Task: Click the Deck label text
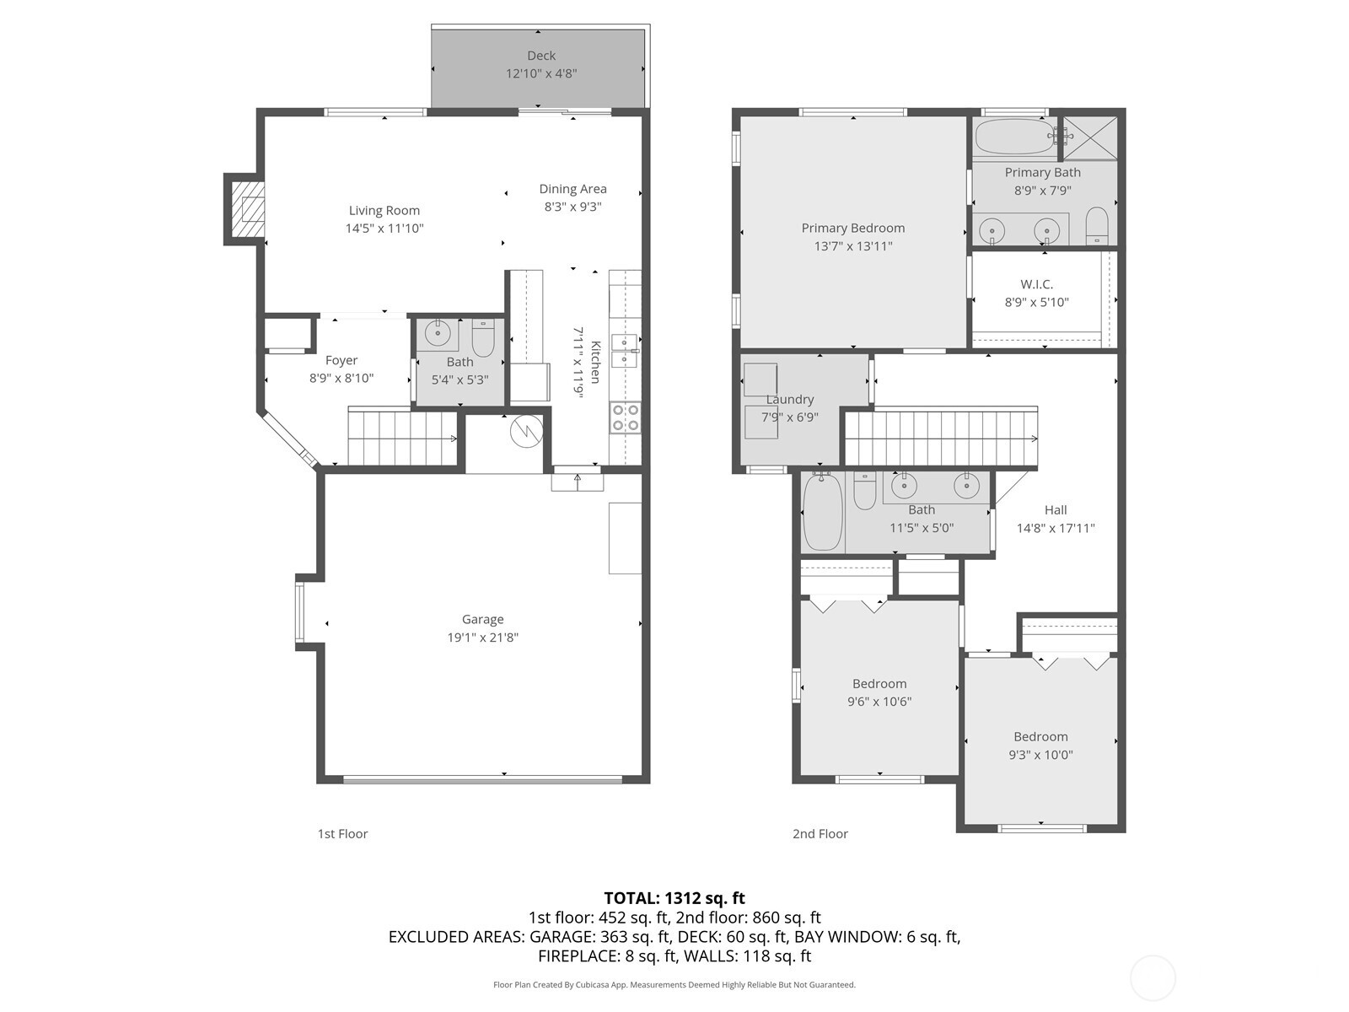tap(541, 56)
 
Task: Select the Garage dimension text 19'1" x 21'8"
tap(482, 638)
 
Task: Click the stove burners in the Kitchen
tap(626, 417)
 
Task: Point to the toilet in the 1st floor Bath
tap(482, 338)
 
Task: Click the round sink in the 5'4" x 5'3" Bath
tap(438, 333)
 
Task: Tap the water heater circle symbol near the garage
tap(524, 432)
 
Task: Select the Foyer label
tap(341, 360)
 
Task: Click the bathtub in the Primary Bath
tap(1013, 137)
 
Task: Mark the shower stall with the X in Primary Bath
tap(1090, 137)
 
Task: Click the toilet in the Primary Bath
tap(1096, 226)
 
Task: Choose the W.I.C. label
tap(1036, 284)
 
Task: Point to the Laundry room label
tap(790, 399)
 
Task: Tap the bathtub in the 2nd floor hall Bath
tap(823, 512)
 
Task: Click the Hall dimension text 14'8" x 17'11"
tap(1056, 529)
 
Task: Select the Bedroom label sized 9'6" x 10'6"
tap(879, 684)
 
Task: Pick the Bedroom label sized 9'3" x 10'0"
tap(1040, 736)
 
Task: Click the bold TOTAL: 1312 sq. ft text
tap(674, 898)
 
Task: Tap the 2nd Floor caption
tap(820, 833)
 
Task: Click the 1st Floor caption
tap(342, 833)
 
